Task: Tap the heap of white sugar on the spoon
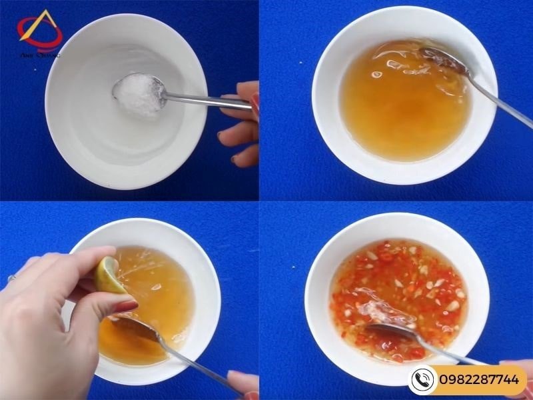139,93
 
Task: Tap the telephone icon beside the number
422,380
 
